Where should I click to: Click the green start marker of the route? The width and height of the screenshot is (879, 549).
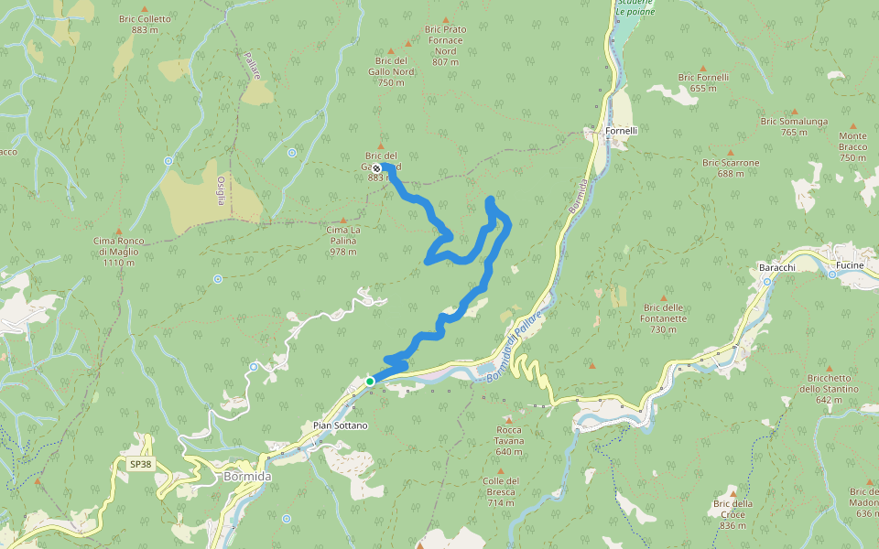(370, 381)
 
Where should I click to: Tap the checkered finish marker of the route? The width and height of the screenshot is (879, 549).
(376, 168)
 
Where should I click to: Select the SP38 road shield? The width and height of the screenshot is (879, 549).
(139, 465)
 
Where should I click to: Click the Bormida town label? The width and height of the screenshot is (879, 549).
(247, 478)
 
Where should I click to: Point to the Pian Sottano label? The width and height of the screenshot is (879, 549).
(341, 425)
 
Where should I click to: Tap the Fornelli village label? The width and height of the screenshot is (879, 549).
(621, 131)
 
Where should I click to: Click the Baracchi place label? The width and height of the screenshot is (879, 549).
(776, 266)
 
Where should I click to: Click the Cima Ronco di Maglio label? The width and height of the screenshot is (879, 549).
(119, 252)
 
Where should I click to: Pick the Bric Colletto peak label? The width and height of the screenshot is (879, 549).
(146, 24)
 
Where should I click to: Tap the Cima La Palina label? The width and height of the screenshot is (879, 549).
(343, 240)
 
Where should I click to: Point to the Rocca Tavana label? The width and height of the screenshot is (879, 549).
(509, 435)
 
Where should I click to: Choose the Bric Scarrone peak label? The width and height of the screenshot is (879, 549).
(731, 168)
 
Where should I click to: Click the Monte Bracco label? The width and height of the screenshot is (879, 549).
(852, 146)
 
